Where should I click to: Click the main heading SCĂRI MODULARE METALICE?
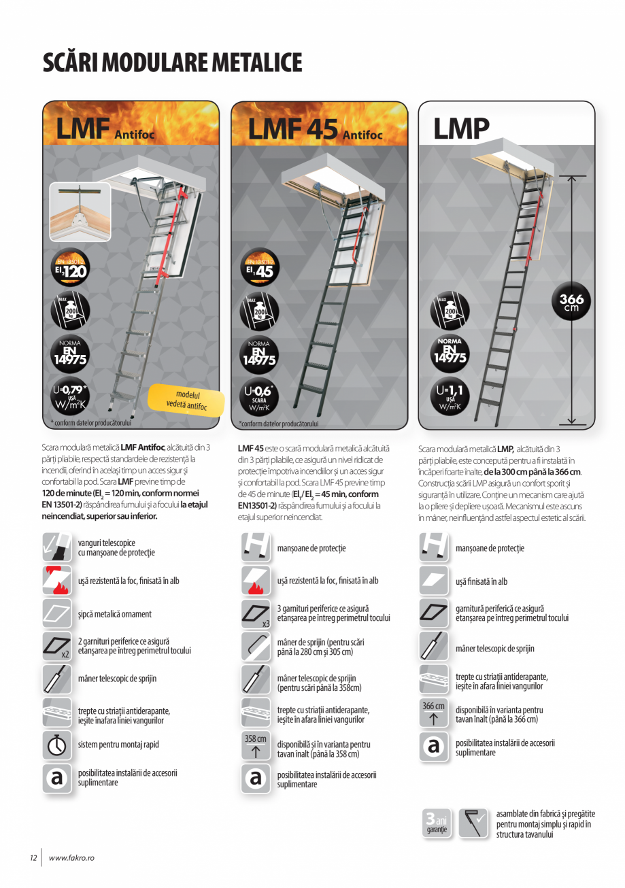pos(172,63)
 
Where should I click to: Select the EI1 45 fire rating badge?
pos(258,269)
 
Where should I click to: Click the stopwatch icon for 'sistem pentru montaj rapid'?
pos(57,745)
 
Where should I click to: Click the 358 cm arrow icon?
pos(256,746)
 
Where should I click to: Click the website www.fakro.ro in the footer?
pos(71,858)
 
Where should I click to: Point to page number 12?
pos(33,858)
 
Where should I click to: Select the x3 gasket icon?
pos(256,613)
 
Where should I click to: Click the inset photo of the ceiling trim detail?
pos(80,212)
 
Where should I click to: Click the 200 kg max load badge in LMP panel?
pos(449,311)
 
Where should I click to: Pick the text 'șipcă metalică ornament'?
pos(115,614)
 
